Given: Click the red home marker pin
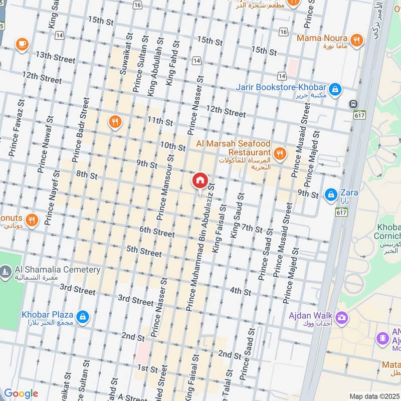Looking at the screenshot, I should coord(199,180).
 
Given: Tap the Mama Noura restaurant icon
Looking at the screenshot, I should coord(356,40).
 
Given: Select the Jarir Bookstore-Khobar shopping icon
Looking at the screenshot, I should coord(336,90).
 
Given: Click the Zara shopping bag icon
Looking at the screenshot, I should coord(330,194).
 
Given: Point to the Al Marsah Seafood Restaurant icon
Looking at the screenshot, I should coord(279,153).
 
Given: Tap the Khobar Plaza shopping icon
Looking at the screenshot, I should coord(83,316).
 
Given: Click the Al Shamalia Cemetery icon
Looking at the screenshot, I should coord(6,273).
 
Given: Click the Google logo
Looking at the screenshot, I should coord(21,393).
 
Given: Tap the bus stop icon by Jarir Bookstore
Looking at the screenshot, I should coord(354,104).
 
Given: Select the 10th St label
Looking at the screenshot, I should coord(173,146).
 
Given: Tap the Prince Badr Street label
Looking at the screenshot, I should coord(80,130).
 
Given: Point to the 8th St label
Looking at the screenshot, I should coord(87,175).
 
